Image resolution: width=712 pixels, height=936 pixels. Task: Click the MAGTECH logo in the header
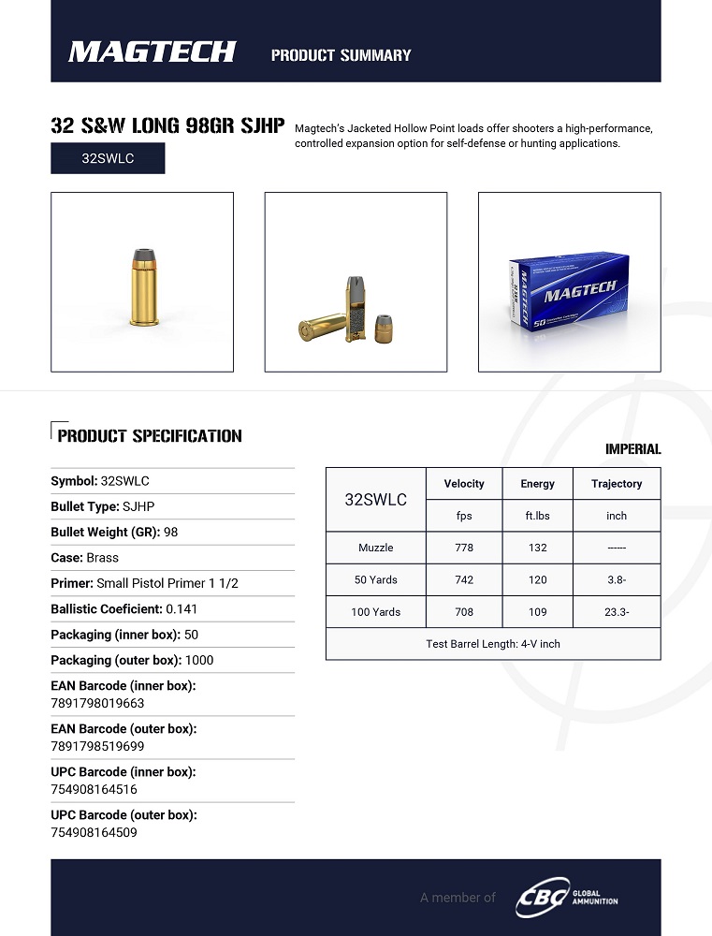tap(153, 51)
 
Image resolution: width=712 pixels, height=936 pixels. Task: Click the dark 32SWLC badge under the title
tap(108, 158)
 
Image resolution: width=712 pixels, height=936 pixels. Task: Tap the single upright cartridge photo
tap(142, 283)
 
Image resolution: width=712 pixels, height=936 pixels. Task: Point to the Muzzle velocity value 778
tap(464, 548)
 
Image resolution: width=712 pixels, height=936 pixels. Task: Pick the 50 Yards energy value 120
tap(537, 579)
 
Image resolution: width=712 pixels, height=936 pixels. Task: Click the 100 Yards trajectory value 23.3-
tap(617, 611)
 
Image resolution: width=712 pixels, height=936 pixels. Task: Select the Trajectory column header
tap(617, 484)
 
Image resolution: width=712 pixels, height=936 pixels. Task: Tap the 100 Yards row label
tap(376, 611)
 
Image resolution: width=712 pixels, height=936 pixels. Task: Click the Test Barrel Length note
tap(493, 644)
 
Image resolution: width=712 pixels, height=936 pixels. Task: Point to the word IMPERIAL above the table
tap(632, 449)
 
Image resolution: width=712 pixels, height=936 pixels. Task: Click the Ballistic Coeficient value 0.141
tap(182, 608)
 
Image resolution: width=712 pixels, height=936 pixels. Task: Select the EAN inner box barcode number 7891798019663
tap(97, 703)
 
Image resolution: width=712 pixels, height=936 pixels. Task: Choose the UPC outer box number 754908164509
tap(94, 832)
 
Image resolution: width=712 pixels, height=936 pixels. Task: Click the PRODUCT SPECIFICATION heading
tap(150, 436)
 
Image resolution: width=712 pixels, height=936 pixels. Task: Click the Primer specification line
tap(145, 583)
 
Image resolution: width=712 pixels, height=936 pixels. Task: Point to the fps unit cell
tap(464, 516)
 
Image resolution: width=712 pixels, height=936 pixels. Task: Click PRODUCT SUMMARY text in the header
tap(341, 55)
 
